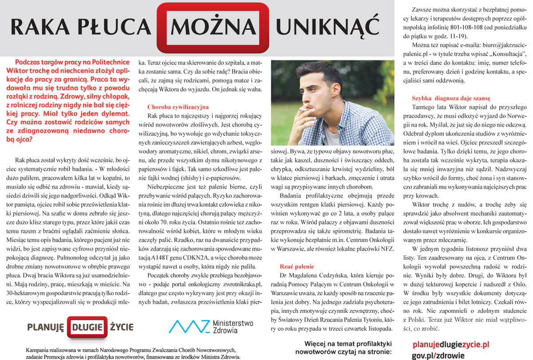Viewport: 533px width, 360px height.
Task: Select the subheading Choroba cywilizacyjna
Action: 178,107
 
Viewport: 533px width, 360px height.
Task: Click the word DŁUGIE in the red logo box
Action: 88,328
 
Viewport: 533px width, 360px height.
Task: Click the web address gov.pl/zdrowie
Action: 438,355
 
